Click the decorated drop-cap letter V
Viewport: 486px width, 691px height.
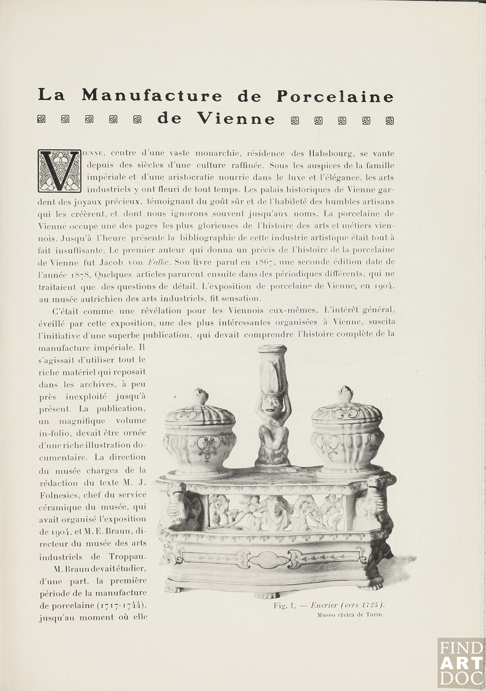pyautogui.click(x=60, y=171)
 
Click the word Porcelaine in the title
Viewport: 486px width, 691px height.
pyautogui.click(x=335, y=96)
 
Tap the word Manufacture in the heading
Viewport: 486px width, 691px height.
pyautogui.click(x=152, y=96)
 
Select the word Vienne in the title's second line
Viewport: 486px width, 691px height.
pyautogui.click(x=236, y=119)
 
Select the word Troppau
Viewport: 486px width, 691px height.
pyautogui.click(x=127, y=557)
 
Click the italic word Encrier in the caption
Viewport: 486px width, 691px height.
pyautogui.click(x=323, y=605)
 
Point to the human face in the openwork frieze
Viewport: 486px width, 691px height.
pyautogui.click(x=275, y=509)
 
